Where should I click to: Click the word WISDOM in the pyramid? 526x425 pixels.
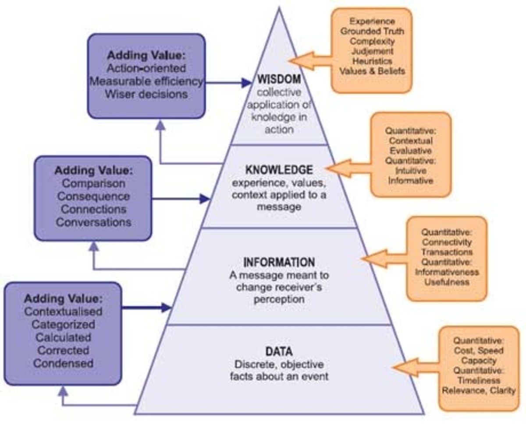(x=279, y=80)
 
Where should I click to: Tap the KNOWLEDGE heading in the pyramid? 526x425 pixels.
(x=279, y=170)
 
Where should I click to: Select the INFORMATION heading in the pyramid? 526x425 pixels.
(x=279, y=262)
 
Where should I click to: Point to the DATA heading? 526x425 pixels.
(x=279, y=351)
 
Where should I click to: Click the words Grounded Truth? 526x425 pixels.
(x=372, y=32)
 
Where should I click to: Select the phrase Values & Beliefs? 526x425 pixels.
(x=372, y=71)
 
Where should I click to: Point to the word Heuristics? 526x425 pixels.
(x=372, y=61)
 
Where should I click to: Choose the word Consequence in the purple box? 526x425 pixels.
(x=93, y=196)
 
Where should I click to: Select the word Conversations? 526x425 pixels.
(x=93, y=222)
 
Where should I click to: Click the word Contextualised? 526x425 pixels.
(x=63, y=312)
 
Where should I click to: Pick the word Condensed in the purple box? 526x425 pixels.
(x=63, y=363)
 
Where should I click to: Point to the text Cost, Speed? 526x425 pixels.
(x=479, y=351)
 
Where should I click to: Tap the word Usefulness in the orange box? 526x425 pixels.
(x=447, y=282)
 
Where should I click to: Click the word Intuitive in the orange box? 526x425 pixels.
(x=411, y=171)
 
